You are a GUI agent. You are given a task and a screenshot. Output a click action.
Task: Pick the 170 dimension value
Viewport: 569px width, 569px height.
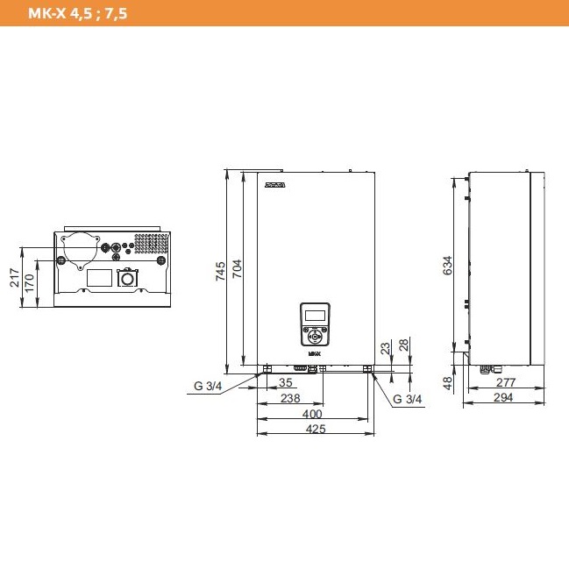(29, 282)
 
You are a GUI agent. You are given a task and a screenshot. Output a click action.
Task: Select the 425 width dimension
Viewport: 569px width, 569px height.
(317, 429)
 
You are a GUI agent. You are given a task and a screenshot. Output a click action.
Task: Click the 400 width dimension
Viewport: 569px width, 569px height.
(312, 414)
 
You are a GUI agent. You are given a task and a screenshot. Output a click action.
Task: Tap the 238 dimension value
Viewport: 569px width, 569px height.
(290, 398)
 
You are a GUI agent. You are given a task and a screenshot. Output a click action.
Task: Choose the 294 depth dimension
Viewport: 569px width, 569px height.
(503, 398)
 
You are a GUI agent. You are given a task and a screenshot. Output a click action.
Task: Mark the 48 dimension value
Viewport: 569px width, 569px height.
(446, 383)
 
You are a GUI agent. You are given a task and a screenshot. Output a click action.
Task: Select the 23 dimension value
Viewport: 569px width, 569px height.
(386, 347)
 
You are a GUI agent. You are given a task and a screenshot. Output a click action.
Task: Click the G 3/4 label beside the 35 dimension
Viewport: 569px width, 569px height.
(209, 384)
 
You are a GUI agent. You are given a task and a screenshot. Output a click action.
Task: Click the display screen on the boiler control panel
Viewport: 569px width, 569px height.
(314, 315)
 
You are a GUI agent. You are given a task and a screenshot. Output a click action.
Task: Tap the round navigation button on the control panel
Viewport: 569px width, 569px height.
(314, 333)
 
